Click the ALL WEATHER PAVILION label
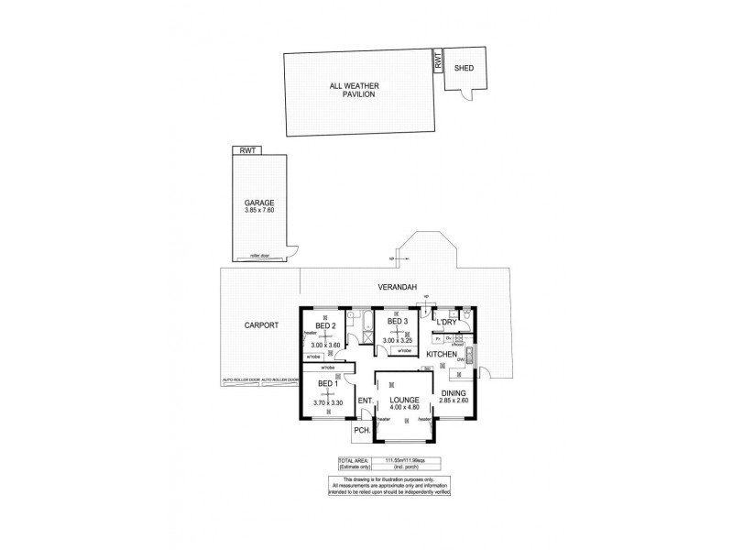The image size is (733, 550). [x=353, y=90]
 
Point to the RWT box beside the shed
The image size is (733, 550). [x=439, y=62]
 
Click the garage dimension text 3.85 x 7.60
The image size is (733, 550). [x=259, y=210]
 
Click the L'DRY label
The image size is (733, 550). [x=446, y=323]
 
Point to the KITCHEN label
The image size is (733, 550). [x=442, y=354]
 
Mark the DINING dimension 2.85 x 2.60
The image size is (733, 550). [x=454, y=401]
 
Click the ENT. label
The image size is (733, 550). [x=364, y=400]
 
